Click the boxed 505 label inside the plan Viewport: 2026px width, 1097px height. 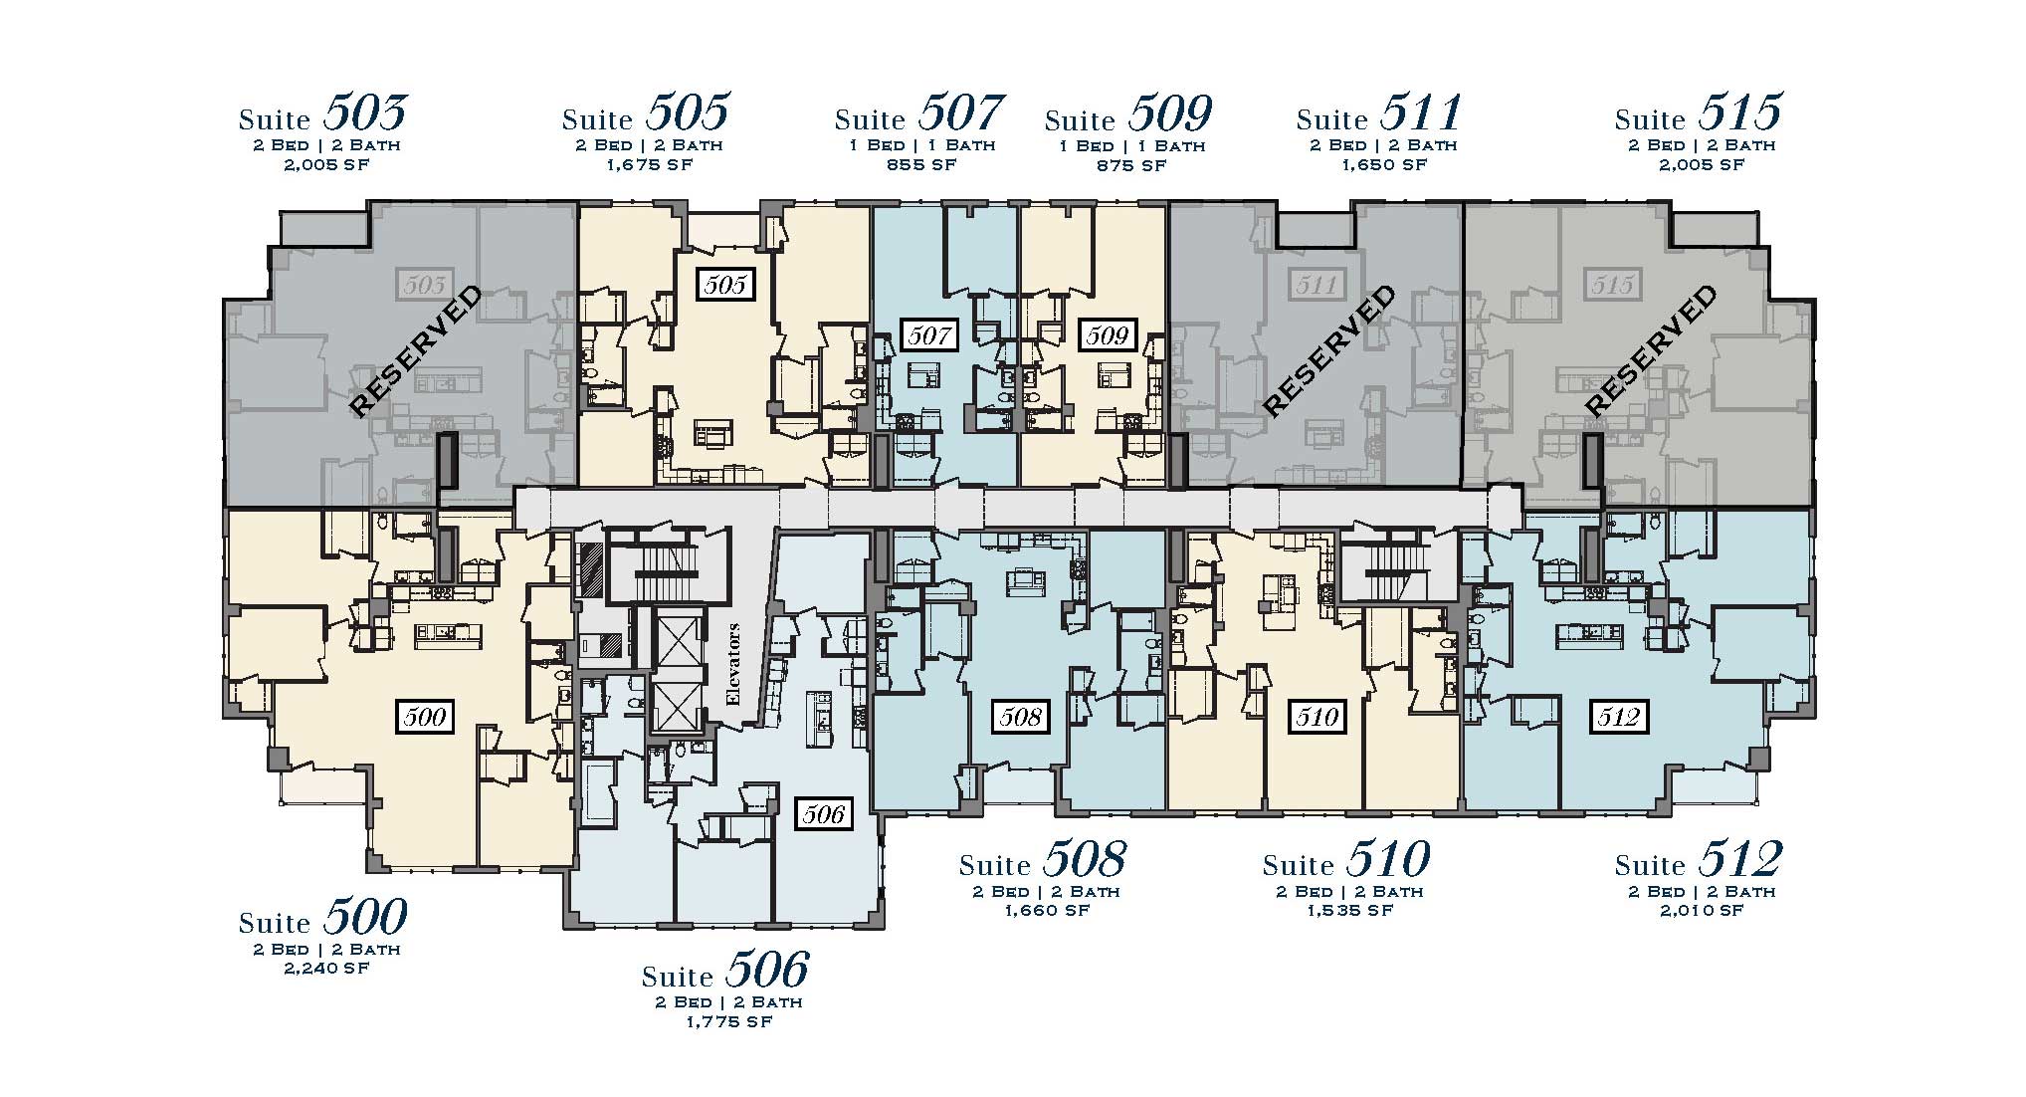tap(724, 285)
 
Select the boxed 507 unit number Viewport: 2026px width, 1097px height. tap(929, 334)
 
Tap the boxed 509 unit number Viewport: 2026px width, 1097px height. tap(1107, 334)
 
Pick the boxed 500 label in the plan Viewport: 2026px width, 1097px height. tap(426, 717)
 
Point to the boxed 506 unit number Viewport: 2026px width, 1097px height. tap(824, 814)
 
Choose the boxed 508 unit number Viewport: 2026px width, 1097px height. tap(1021, 716)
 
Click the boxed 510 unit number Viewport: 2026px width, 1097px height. tap(1317, 716)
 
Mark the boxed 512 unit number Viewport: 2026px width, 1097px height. tap(1618, 716)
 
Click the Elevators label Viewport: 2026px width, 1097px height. tap(734, 664)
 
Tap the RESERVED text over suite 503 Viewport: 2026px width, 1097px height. tap(416, 350)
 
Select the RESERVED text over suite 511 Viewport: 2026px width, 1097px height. tap(1329, 350)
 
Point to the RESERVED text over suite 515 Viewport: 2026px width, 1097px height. tap(1651, 350)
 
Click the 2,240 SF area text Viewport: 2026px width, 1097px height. tap(326, 968)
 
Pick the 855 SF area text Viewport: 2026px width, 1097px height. tap(920, 164)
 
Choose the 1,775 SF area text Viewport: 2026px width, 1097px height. tap(728, 1021)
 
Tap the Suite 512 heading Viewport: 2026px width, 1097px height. tap(1699, 859)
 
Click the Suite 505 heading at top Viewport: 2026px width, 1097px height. tap(646, 112)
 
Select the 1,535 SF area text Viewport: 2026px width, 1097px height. tap(1350, 910)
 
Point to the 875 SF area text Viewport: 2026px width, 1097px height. tap(1129, 165)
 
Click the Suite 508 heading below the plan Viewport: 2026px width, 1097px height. tap(1043, 859)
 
